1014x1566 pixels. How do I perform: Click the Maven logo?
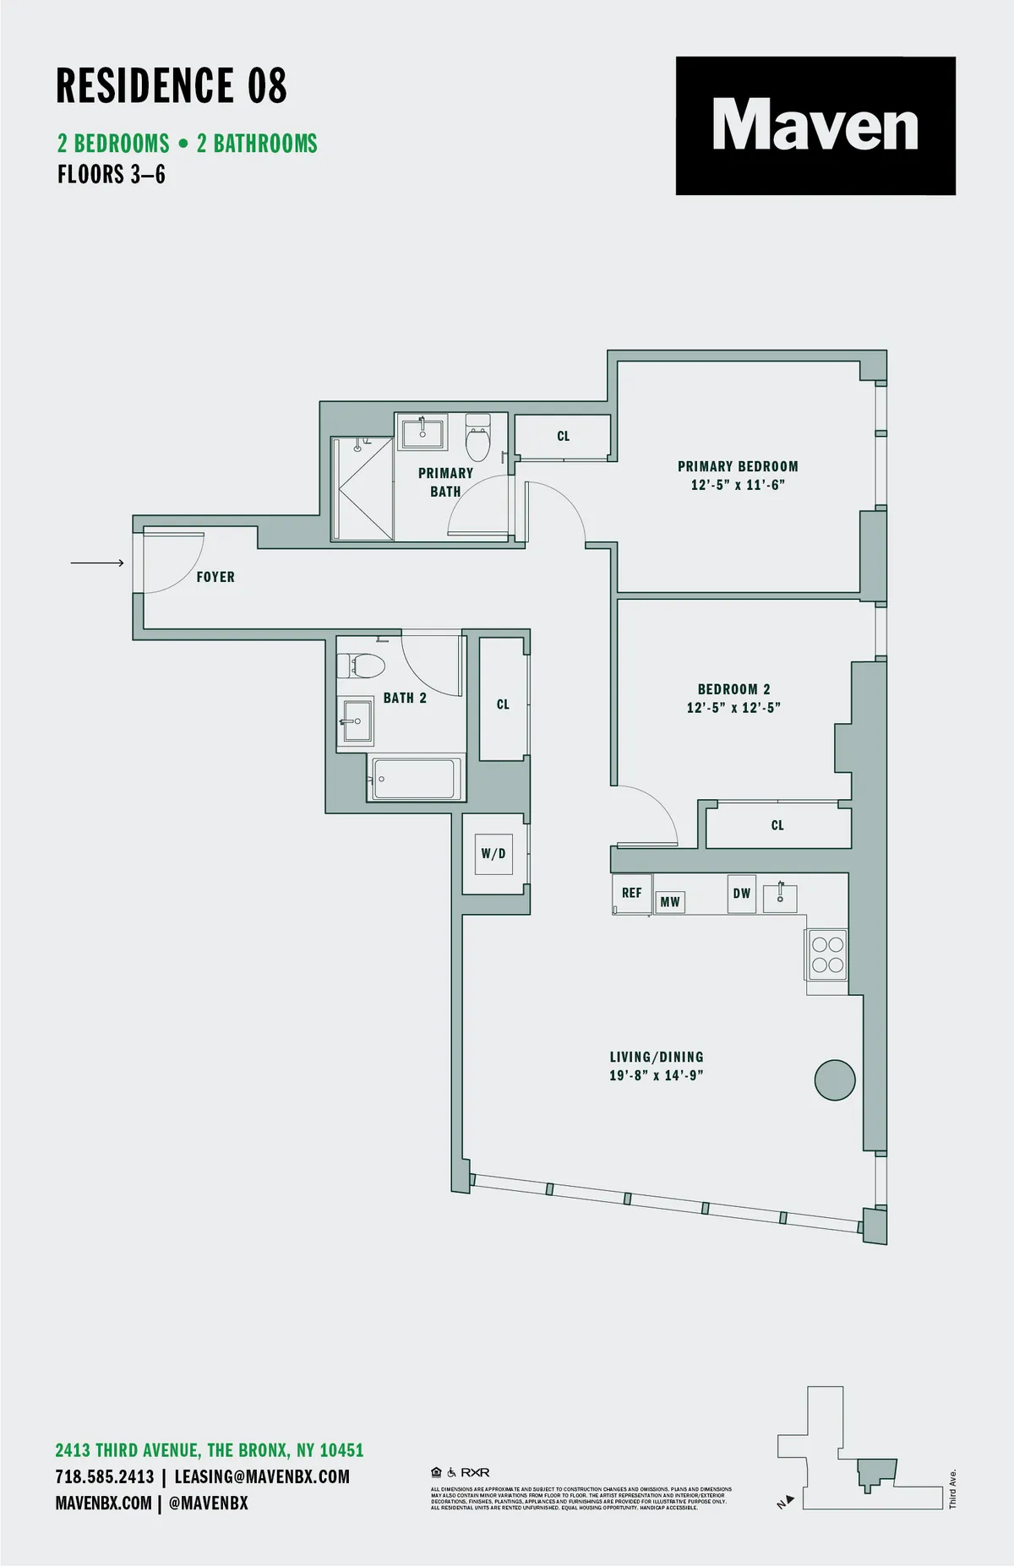point(815,126)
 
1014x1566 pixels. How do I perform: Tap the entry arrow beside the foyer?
point(97,563)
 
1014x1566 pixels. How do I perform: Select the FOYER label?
point(215,577)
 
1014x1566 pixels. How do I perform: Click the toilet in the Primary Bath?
point(478,438)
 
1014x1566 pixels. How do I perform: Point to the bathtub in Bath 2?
point(416,778)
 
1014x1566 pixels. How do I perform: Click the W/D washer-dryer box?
point(493,854)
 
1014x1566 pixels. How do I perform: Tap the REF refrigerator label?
point(631,893)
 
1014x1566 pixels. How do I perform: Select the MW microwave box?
point(670,902)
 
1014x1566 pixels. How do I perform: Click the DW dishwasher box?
point(741,894)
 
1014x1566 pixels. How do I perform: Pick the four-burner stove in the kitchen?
point(827,954)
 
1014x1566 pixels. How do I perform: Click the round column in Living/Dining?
point(835,1080)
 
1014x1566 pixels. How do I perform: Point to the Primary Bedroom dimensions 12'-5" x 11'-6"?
point(738,485)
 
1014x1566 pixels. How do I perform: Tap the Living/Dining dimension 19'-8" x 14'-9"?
point(657,1075)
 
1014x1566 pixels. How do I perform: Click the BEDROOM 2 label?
point(733,689)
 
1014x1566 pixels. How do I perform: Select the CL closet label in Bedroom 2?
point(777,825)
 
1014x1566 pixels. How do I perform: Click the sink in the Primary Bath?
point(422,432)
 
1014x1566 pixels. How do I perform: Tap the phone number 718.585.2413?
point(105,1476)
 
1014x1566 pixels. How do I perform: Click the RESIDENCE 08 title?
point(172,86)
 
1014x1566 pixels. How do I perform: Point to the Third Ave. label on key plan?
point(952,1488)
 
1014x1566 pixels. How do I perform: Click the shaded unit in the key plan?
point(875,1474)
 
